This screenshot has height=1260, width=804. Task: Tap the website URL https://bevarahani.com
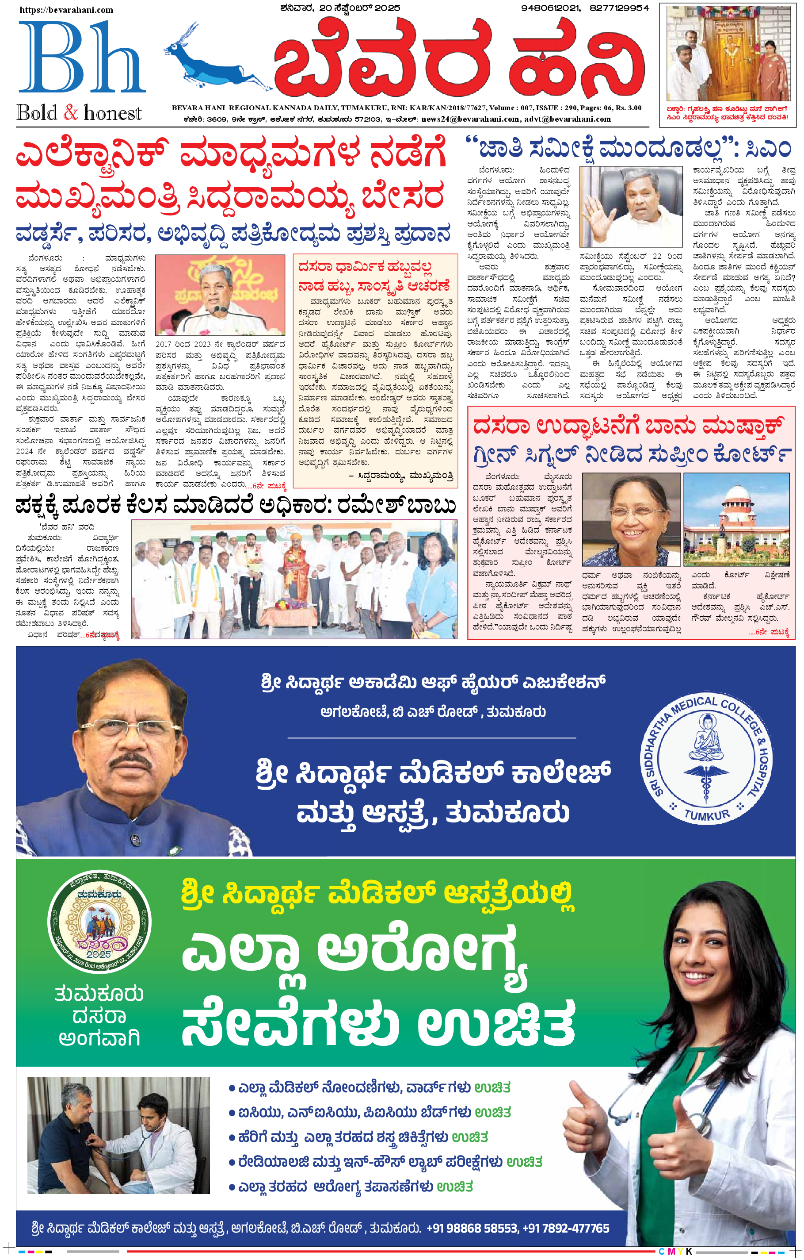(x=66, y=9)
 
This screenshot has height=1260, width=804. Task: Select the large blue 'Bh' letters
(x=81, y=58)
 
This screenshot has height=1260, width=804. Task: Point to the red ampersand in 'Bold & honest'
(x=71, y=112)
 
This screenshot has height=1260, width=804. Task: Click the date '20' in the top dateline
(x=326, y=8)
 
